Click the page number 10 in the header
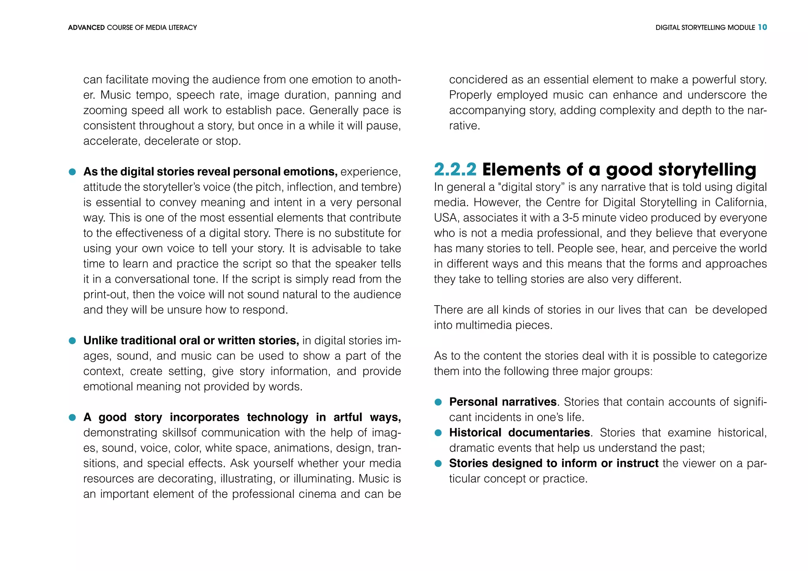tap(762, 27)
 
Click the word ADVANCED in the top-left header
tap(86, 28)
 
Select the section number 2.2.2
tap(455, 170)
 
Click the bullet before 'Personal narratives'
tap(438, 402)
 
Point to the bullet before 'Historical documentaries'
tap(438, 433)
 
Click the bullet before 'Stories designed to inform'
tap(438, 464)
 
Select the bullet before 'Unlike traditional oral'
tap(72, 341)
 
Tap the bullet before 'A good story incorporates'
tap(72, 418)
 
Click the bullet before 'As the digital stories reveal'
tap(72, 172)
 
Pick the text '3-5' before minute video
tap(571, 218)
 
